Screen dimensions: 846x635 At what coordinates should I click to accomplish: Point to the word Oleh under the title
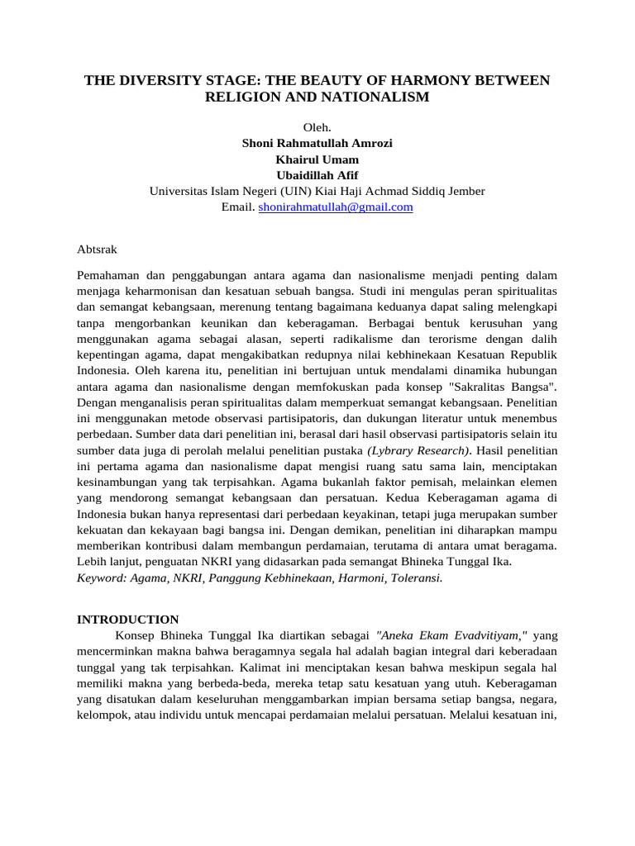317,127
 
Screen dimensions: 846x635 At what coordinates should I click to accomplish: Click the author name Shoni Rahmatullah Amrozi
317,143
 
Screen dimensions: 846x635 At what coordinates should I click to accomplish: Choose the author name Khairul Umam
317,159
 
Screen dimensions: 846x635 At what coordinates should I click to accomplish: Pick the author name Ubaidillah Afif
317,174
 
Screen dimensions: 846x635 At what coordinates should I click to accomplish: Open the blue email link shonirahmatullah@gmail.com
335,207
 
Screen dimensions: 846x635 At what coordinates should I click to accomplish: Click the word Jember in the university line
466,191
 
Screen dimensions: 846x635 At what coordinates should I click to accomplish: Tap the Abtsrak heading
97,246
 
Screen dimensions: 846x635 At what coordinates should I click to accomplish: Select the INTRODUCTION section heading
127,619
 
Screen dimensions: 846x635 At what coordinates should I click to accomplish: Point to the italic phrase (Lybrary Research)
418,450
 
